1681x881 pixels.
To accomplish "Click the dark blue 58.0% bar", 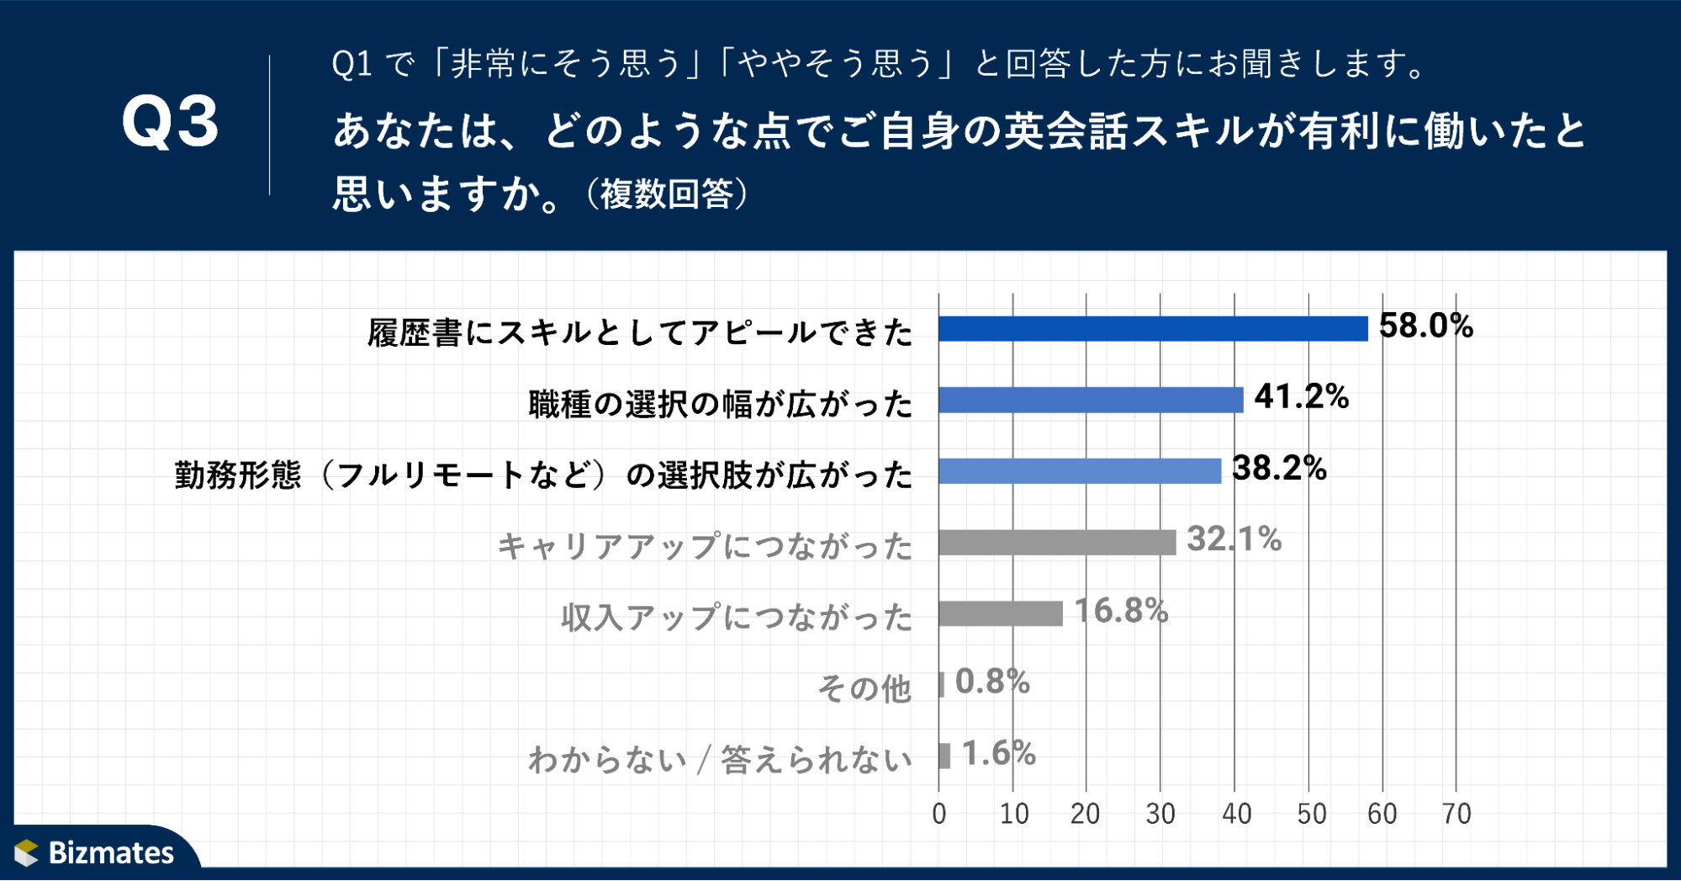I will coord(1152,328).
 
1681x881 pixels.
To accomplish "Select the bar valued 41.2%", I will coord(1091,400).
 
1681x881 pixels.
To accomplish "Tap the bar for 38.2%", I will coord(1080,470).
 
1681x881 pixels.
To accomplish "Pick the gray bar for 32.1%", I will coord(1057,542).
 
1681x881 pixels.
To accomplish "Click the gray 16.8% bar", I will coord(1001,613).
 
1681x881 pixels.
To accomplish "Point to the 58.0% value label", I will coord(1425,326).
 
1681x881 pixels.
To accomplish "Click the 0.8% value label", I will coord(992,682).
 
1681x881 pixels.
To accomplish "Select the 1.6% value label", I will coord(998,753).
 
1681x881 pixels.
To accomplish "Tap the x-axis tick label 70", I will coord(1456,814).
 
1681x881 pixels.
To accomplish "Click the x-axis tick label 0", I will coord(939,814).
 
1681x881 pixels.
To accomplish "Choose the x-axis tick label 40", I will coord(1236,814).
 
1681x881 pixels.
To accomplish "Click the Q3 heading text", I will coord(170,123).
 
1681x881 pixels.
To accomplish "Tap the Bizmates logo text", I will coord(111,852).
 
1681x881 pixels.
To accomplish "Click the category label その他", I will coord(864,688).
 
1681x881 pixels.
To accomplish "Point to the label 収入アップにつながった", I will coord(736,617).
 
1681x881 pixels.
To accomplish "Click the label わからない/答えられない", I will coord(719,760).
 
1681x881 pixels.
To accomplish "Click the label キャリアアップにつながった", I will coord(704,546).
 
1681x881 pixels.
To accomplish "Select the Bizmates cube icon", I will coord(27,852).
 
